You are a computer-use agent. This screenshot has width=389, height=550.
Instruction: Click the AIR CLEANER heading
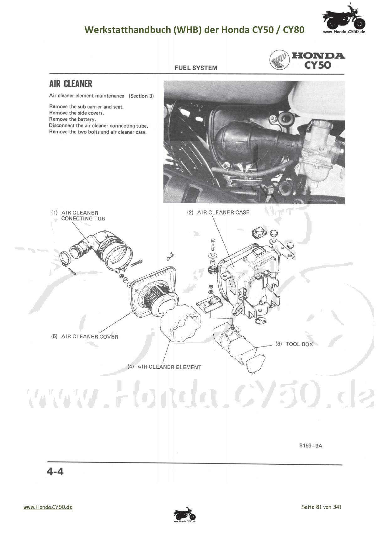(x=71, y=84)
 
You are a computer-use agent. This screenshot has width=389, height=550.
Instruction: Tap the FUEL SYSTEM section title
(x=196, y=68)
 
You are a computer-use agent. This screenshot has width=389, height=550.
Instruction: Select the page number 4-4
(x=55, y=471)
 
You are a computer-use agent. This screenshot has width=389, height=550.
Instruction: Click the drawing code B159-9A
(x=311, y=446)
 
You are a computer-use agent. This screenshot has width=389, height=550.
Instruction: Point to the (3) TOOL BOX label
(x=294, y=344)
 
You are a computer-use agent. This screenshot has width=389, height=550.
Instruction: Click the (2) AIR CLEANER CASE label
(x=218, y=212)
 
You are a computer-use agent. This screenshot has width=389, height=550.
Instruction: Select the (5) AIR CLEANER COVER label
(x=85, y=336)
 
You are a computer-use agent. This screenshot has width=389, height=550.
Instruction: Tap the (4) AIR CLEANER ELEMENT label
(x=164, y=367)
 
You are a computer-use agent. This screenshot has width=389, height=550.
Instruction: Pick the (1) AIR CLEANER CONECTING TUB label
(x=78, y=215)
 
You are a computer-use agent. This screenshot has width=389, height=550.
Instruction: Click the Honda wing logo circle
(x=279, y=60)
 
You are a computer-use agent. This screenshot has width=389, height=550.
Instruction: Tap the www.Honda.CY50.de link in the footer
(x=48, y=507)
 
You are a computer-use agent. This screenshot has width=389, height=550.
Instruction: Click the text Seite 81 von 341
(x=321, y=507)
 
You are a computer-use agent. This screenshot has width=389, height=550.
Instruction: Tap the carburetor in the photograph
(x=317, y=147)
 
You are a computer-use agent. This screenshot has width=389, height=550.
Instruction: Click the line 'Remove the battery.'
(x=72, y=119)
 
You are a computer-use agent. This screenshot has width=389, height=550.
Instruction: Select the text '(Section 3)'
(x=141, y=96)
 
